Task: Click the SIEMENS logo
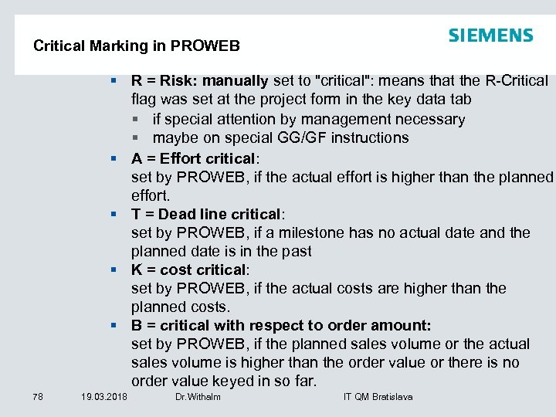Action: coord(490,36)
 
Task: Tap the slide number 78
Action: coord(39,397)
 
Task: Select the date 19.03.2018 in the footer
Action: coord(104,397)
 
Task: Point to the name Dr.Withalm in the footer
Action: coord(198,397)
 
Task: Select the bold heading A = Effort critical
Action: coord(193,158)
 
